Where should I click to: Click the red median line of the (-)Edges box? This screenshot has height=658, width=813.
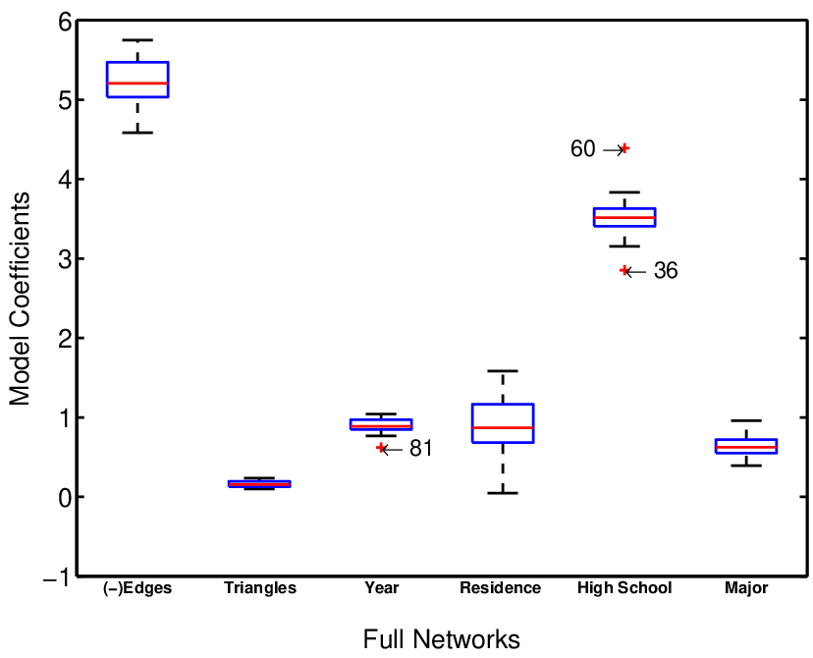pos(137,82)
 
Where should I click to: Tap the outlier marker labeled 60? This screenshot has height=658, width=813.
pos(624,148)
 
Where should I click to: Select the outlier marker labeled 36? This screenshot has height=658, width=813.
pos(624,271)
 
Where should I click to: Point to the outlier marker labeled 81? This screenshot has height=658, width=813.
pos(381,448)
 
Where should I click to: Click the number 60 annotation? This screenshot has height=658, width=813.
pos(583,149)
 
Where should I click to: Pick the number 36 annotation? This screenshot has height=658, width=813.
pos(666,271)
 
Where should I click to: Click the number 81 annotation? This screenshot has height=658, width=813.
pos(421,449)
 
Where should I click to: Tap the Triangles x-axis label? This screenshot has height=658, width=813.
pos(260,588)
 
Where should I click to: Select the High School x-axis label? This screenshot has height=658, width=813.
pos(624,588)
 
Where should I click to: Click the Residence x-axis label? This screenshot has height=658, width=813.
pos(501,588)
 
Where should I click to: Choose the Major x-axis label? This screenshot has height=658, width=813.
pos(746,588)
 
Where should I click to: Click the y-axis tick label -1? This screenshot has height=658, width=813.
pos(57,578)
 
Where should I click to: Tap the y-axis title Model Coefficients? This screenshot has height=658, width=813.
pos(20,299)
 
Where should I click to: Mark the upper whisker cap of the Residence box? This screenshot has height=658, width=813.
pos(503,371)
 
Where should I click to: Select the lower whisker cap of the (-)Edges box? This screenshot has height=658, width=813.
pos(137,134)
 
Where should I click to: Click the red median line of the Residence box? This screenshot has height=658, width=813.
pos(503,428)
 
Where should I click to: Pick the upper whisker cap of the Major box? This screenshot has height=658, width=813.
pos(746,420)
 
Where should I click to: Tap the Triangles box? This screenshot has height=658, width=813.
pos(259,484)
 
